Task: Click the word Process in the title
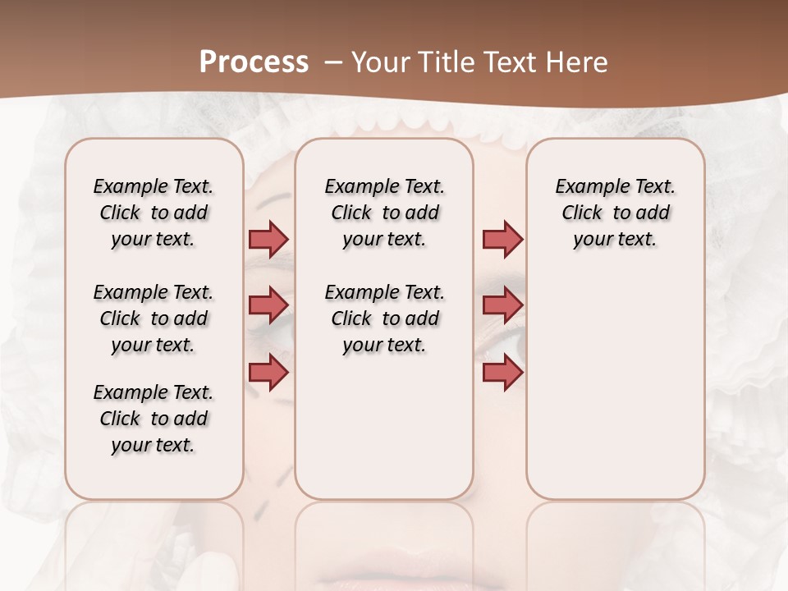pyautogui.click(x=254, y=62)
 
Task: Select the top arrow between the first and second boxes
pyautogui.click(x=268, y=239)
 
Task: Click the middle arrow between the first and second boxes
pyautogui.click(x=268, y=305)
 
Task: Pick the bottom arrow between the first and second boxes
pyautogui.click(x=268, y=372)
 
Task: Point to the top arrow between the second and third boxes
pyautogui.click(x=502, y=239)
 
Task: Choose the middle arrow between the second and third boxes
pyautogui.click(x=502, y=305)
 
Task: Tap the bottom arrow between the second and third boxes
pyautogui.click(x=502, y=372)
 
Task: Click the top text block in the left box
pyautogui.click(x=153, y=213)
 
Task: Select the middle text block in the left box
pyautogui.click(x=153, y=318)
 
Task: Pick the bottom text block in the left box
pyautogui.click(x=153, y=419)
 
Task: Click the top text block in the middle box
pyautogui.click(x=384, y=213)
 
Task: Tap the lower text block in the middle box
pyautogui.click(x=384, y=318)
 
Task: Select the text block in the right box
pyautogui.click(x=616, y=213)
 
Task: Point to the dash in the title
pyautogui.click(x=333, y=62)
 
